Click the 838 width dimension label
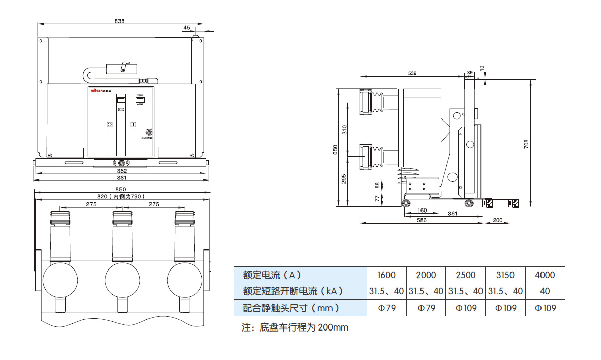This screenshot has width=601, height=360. (119, 21)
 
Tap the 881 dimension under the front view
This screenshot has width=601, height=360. (122, 178)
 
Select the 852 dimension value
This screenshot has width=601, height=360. (122, 171)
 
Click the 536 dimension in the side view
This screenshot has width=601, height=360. (412, 73)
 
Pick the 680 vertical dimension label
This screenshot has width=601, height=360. (335, 150)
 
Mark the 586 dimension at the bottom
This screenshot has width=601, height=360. (422, 220)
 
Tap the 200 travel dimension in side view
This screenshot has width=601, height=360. (498, 220)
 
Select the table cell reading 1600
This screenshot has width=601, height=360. (386, 275)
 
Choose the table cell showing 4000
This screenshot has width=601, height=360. (545, 275)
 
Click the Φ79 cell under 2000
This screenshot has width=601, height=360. (426, 308)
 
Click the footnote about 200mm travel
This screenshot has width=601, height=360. (295, 327)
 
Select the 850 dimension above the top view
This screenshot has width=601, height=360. (122, 189)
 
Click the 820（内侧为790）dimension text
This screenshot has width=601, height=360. (122, 196)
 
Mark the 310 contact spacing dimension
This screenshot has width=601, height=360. (344, 129)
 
